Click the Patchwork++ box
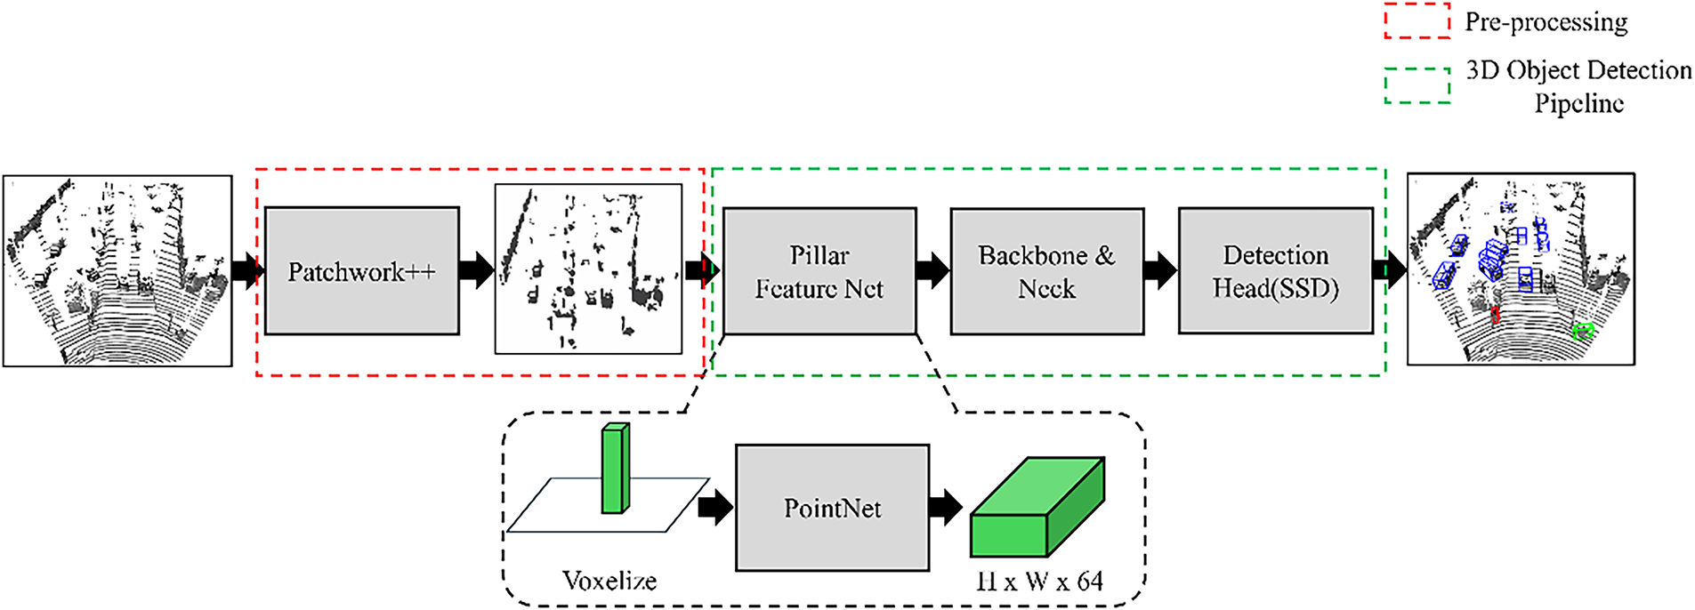coord(362,271)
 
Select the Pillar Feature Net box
coord(819,271)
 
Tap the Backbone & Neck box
coord(1046,271)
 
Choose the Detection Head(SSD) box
coord(1275,271)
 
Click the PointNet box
coord(832,508)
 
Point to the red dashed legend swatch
coord(1417,21)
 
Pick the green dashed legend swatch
coord(1417,85)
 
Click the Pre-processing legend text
coord(1546,22)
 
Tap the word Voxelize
coord(609,581)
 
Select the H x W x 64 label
coord(1038,582)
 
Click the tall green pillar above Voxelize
coord(615,468)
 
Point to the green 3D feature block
coord(1037,506)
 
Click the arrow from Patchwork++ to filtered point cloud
coord(477,270)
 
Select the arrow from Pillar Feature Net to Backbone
coord(932,270)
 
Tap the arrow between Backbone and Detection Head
coord(1160,270)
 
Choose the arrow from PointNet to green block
coord(946,507)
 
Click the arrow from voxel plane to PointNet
coord(715,507)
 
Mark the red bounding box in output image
coord(1495,314)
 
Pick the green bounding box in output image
coord(1582,332)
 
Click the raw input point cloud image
coord(117,270)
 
